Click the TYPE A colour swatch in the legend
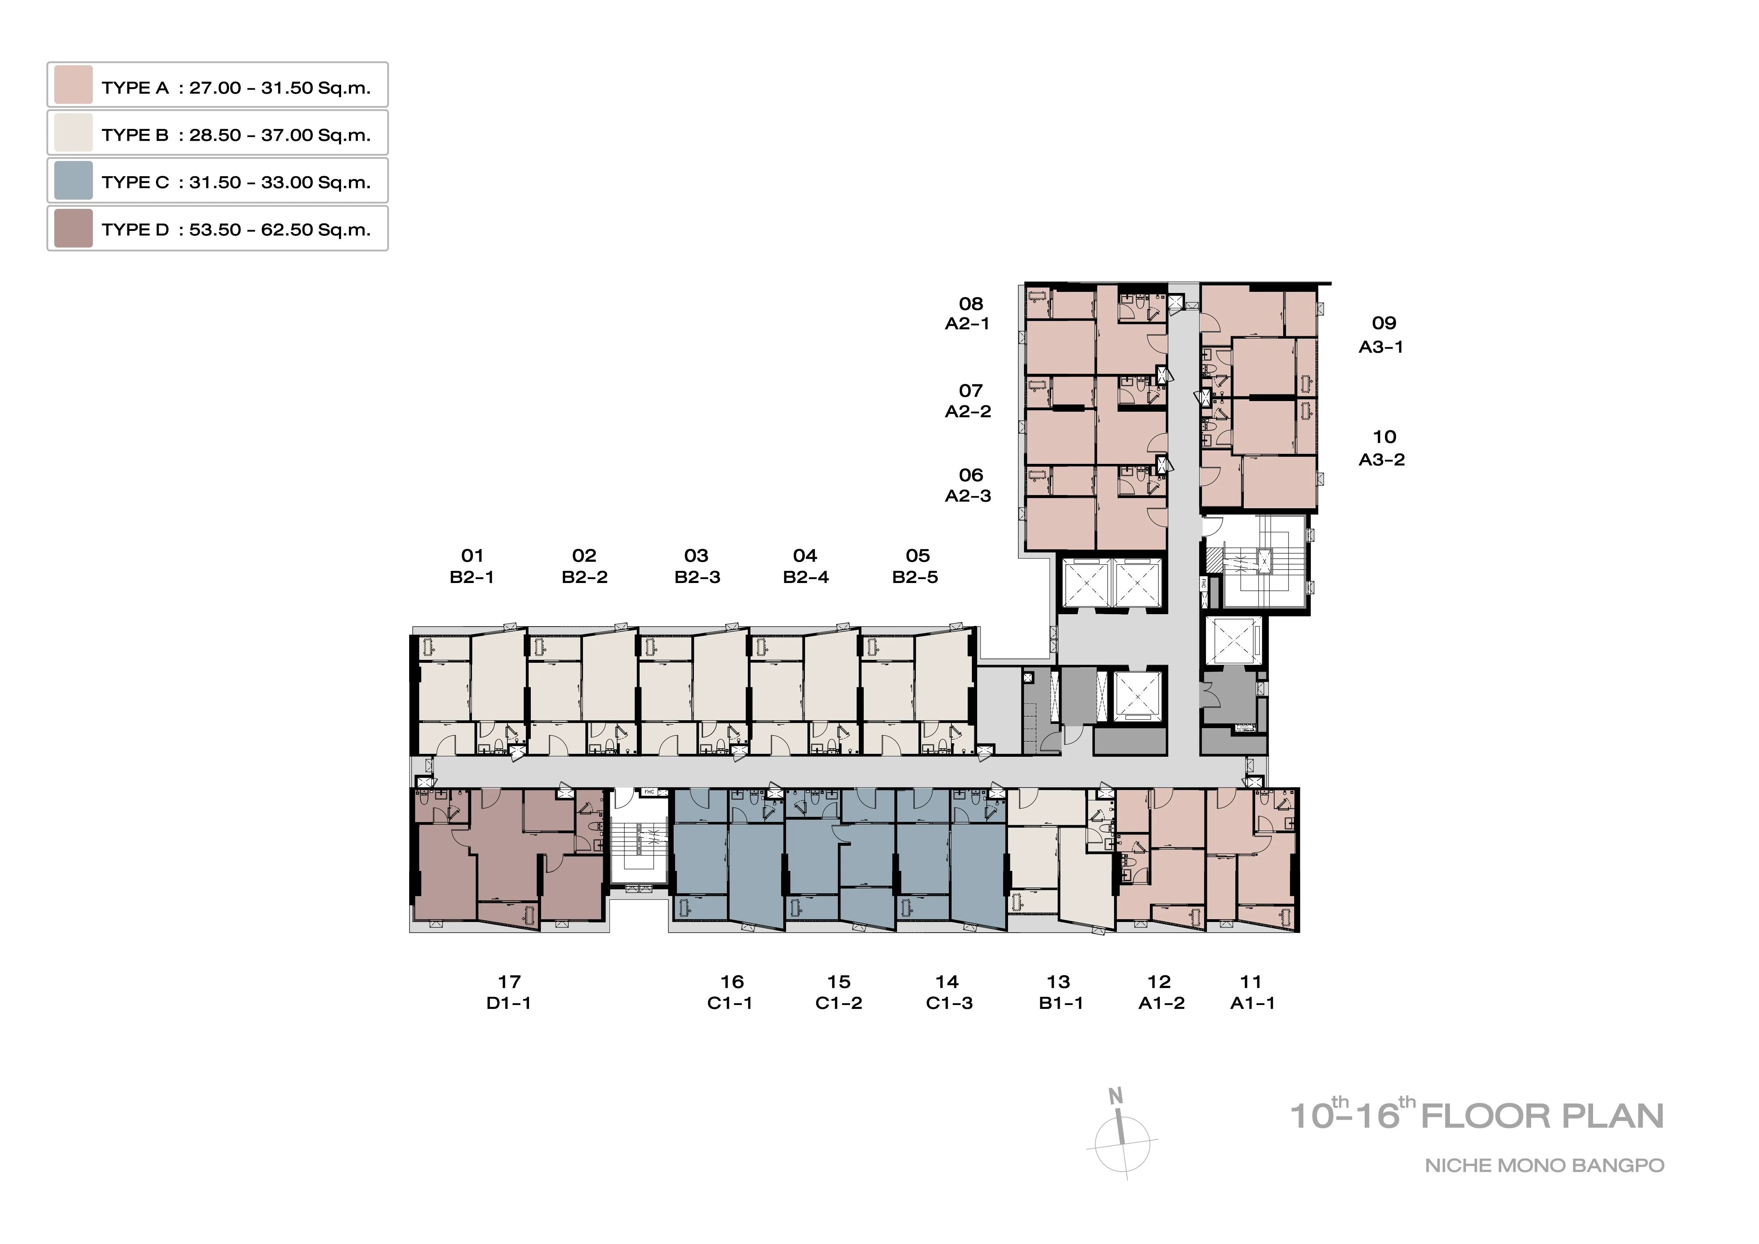pos(73,85)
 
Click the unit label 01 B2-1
pos(472,566)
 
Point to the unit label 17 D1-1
pos(510,992)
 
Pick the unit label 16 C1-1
pos(731,992)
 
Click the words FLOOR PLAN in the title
pos(1542,1116)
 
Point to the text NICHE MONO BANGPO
pos(1544,1166)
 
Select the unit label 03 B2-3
pos(697,566)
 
